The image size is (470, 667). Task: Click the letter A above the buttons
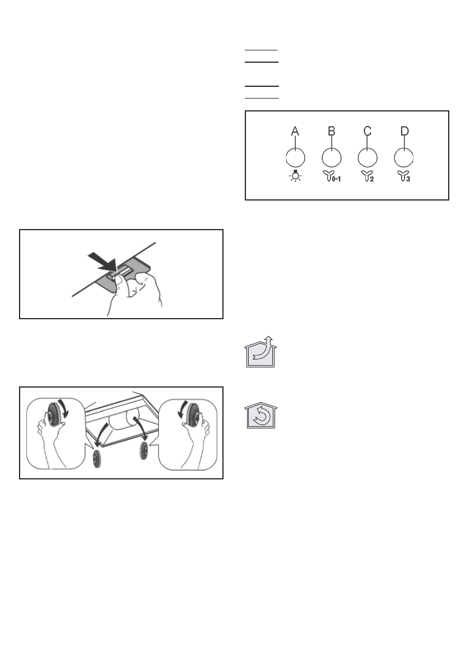tap(295, 131)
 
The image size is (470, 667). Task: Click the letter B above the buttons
tap(331, 131)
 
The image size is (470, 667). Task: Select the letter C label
tap(367, 131)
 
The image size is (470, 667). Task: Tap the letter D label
tap(404, 131)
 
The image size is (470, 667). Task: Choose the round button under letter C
tap(367, 157)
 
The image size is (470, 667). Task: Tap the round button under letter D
tap(404, 157)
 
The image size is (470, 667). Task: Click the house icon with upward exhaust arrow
tap(260, 352)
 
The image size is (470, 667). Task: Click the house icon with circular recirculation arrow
tap(260, 416)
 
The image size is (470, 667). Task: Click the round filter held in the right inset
tap(192, 414)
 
